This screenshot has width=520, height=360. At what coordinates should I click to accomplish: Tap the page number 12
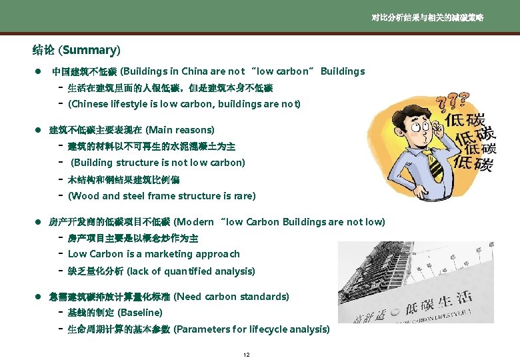coord(247,354)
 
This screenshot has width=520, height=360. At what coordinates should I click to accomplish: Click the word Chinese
coord(91,104)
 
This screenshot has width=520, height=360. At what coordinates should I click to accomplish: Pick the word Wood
coord(84,196)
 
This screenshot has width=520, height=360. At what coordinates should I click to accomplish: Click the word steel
coord(133,196)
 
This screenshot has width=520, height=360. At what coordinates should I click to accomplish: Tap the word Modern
coord(195,221)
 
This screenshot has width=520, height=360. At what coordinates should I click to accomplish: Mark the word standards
coord(261,296)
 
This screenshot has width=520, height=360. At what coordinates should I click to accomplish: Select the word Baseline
coord(139,313)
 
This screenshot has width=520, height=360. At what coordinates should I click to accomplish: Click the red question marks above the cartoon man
coord(452,101)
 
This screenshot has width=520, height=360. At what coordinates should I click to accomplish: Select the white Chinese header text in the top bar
coord(427,18)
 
